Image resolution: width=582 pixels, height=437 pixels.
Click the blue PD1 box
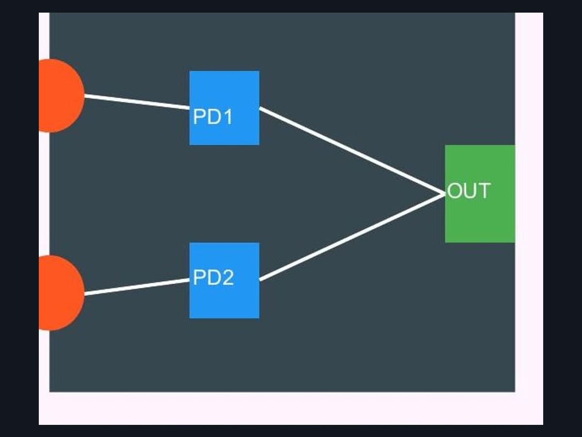[x=225, y=108]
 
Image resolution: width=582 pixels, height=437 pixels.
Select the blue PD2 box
[x=225, y=280]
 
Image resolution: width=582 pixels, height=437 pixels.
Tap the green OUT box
[x=480, y=194]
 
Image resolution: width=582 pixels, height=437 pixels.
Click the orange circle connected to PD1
[x=62, y=96]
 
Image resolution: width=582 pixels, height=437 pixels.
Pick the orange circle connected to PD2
[x=62, y=293]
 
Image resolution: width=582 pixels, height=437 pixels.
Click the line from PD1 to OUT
[x=352, y=151]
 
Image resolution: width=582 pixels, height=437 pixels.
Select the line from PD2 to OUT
[x=352, y=237]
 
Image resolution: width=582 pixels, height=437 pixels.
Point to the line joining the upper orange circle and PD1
[x=137, y=102]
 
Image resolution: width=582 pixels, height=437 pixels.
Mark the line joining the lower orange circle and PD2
[x=137, y=286]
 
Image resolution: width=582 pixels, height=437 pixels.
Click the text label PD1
[x=213, y=117]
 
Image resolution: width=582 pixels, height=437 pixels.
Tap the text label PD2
[x=213, y=278]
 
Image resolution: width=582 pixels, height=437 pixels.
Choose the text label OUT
[x=469, y=190]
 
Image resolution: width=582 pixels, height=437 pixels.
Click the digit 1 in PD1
[x=228, y=117]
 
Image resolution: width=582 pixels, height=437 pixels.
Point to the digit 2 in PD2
[x=228, y=277]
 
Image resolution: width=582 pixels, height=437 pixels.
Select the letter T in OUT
[x=485, y=190]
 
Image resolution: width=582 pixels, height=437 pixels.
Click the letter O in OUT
[x=453, y=190]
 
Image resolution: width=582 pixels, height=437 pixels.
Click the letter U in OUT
[x=469, y=190]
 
